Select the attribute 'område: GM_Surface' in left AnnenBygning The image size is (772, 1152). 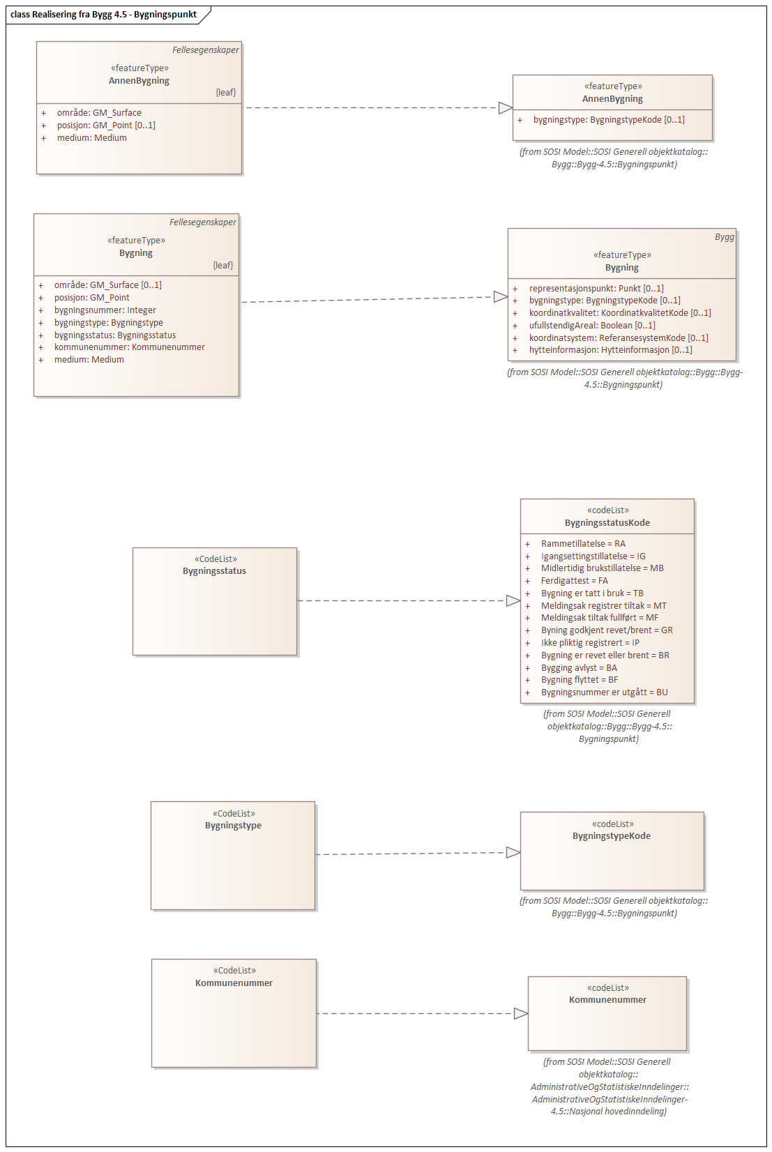coord(99,113)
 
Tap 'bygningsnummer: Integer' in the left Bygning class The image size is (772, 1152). coord(105,310)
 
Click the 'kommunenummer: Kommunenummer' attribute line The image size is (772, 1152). coord(129,347)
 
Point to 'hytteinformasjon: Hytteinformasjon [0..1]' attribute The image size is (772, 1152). coord(610,350)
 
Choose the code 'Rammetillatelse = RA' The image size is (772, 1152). coord(583,544)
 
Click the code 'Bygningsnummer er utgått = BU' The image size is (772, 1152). coord(604,692)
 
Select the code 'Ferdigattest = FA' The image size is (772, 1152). coord(574,581)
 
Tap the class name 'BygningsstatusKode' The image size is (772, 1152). coord(607,523)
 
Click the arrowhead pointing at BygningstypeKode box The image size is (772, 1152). coord(513,852)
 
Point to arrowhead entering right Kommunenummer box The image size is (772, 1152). coord(521,1013)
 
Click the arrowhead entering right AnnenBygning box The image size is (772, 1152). coord(506,107)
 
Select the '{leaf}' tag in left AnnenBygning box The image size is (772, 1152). coord(225,93)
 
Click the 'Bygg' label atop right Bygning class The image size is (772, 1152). coord(724,237)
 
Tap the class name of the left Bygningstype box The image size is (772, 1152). coord(233,826)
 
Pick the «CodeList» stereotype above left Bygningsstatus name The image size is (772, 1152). coord(215,559)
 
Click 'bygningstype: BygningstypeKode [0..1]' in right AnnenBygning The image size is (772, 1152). coord(609,120)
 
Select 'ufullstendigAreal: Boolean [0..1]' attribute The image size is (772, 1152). coord(592,326)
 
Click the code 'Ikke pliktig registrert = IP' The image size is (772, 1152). coord(590,643)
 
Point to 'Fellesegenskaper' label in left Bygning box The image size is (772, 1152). coord(202,222)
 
